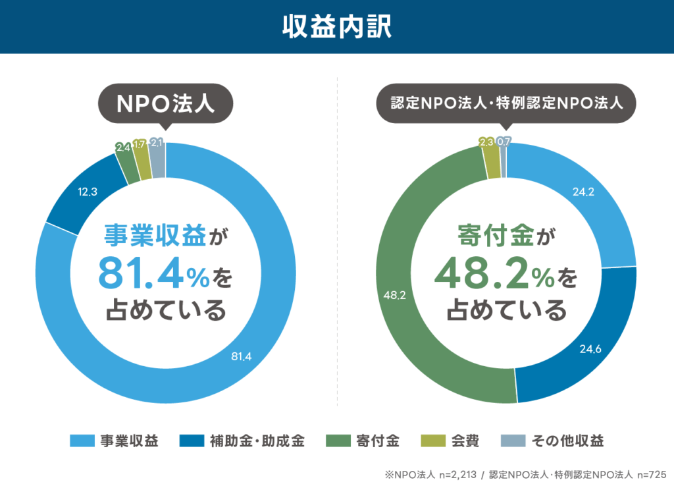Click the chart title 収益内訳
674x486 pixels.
tap(336, 27)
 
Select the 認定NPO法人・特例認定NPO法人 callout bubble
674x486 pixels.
tap(505, 103)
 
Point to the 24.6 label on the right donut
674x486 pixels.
tap(590, 349)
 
